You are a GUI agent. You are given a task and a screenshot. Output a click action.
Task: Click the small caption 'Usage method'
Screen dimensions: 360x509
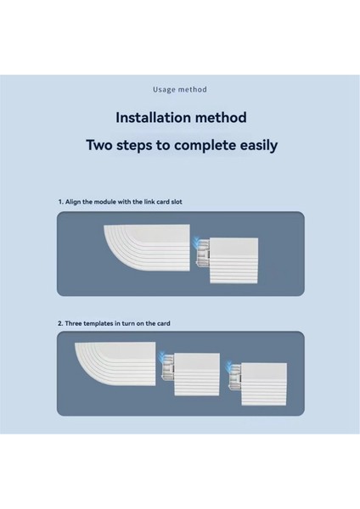180,89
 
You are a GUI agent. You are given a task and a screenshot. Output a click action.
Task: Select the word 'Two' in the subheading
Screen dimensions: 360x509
99,145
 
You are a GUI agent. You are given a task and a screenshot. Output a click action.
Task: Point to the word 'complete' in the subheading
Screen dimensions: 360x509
205,145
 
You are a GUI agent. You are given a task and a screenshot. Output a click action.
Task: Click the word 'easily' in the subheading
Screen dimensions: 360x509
259,145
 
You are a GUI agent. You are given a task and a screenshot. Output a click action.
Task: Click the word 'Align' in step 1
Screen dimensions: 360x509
73,202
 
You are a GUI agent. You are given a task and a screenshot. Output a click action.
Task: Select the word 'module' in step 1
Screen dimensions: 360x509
105,202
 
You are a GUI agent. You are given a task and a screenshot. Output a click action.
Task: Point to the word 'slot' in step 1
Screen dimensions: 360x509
177,202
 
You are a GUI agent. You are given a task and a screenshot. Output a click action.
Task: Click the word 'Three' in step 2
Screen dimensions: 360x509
73,323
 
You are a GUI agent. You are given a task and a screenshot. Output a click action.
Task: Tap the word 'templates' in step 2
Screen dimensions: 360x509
98,324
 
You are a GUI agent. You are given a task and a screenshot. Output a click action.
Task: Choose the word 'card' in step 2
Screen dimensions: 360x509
164,323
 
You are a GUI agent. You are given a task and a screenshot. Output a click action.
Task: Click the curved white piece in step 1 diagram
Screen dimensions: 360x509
148,248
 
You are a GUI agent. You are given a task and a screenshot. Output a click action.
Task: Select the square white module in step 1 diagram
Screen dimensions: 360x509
234,260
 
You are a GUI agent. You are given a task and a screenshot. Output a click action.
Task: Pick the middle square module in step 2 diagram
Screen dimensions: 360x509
197,374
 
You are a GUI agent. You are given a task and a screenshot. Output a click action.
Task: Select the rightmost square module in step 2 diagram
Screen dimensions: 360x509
264,384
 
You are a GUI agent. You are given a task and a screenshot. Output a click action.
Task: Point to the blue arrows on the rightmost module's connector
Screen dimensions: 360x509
229,366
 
